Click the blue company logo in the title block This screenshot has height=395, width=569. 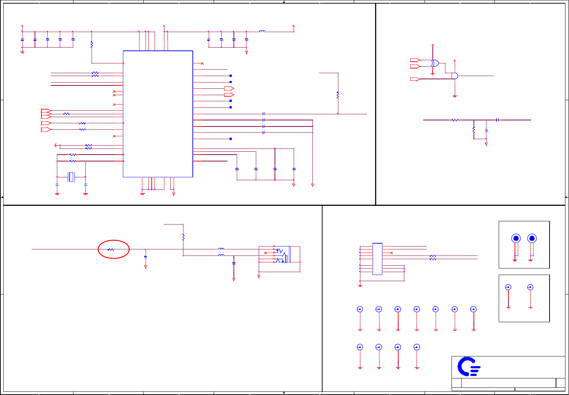click(468, 367)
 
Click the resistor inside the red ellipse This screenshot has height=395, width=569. click(111, 249)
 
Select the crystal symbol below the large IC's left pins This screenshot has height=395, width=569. click(71, 177)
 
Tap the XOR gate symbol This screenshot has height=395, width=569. click(435, 63)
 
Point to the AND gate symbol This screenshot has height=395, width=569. click(455, 76)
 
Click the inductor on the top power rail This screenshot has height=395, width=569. click(262, 31)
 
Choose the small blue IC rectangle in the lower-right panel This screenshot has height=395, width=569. click(377, 259)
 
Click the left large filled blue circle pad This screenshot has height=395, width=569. click(516, 238)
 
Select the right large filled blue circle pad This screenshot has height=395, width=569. click(532, 238)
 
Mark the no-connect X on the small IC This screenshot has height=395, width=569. click(392, 253)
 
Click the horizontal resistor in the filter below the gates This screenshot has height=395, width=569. click(455, 120)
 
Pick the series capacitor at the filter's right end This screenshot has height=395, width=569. click(497, 120)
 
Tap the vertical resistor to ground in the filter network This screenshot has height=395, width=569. click(474, 129)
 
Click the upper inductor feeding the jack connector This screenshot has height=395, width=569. click(221, 249)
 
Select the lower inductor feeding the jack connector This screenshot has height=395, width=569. click(221, 255)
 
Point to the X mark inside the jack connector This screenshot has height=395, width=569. click(266, 253)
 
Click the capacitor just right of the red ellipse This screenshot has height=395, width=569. click(145, 257)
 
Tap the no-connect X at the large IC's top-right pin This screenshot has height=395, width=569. click(202, 63)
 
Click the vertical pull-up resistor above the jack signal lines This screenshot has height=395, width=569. click(183, 237)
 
